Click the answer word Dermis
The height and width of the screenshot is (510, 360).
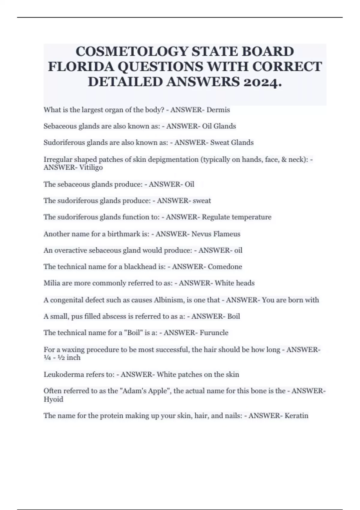click(218, 110)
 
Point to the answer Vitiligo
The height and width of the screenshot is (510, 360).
click(91, 167)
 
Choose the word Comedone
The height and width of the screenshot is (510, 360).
click(225, 267)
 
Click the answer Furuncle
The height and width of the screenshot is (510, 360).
click(214, 333)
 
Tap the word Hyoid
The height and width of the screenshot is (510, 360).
click(53, 399)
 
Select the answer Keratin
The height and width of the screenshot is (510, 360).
click(296, 416)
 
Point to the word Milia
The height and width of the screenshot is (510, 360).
click(52, 283)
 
